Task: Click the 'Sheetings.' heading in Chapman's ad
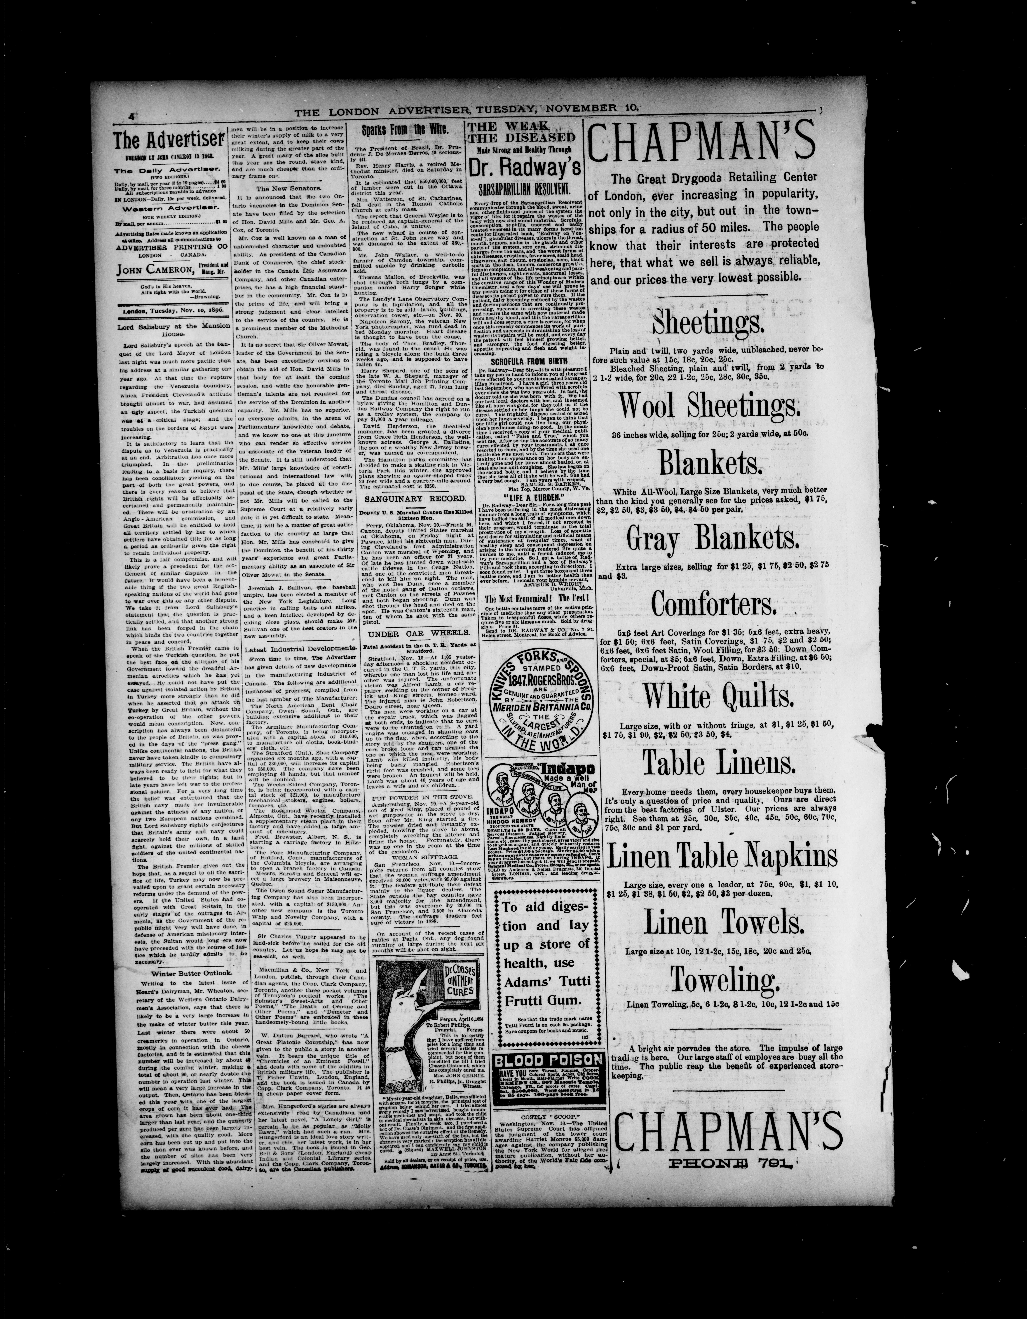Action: click(707, 323)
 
